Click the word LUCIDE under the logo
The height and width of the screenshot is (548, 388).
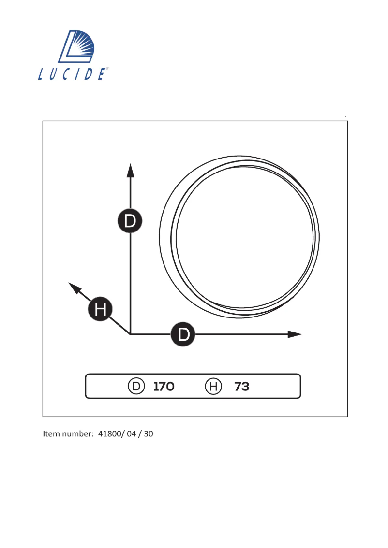point(72,74)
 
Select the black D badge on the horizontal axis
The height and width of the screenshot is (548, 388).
point(183,334)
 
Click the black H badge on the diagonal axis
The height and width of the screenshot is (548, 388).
point(100,308)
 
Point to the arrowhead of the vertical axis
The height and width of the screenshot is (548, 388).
point(130,170)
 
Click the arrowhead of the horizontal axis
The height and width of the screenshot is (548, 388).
point(295,334)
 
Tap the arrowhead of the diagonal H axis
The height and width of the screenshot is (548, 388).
point(74,288)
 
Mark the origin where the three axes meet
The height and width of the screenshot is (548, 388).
point(130,334)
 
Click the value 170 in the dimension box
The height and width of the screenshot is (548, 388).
point(164,387)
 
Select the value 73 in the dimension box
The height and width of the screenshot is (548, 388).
point(242,387)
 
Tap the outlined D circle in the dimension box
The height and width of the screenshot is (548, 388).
point(136,387)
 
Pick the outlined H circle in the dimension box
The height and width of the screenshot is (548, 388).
point(213,387)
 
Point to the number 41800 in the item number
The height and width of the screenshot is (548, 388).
point(109,434)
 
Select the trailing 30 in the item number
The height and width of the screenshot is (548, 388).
point(148,434)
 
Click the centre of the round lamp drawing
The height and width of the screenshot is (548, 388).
point(240,237)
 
